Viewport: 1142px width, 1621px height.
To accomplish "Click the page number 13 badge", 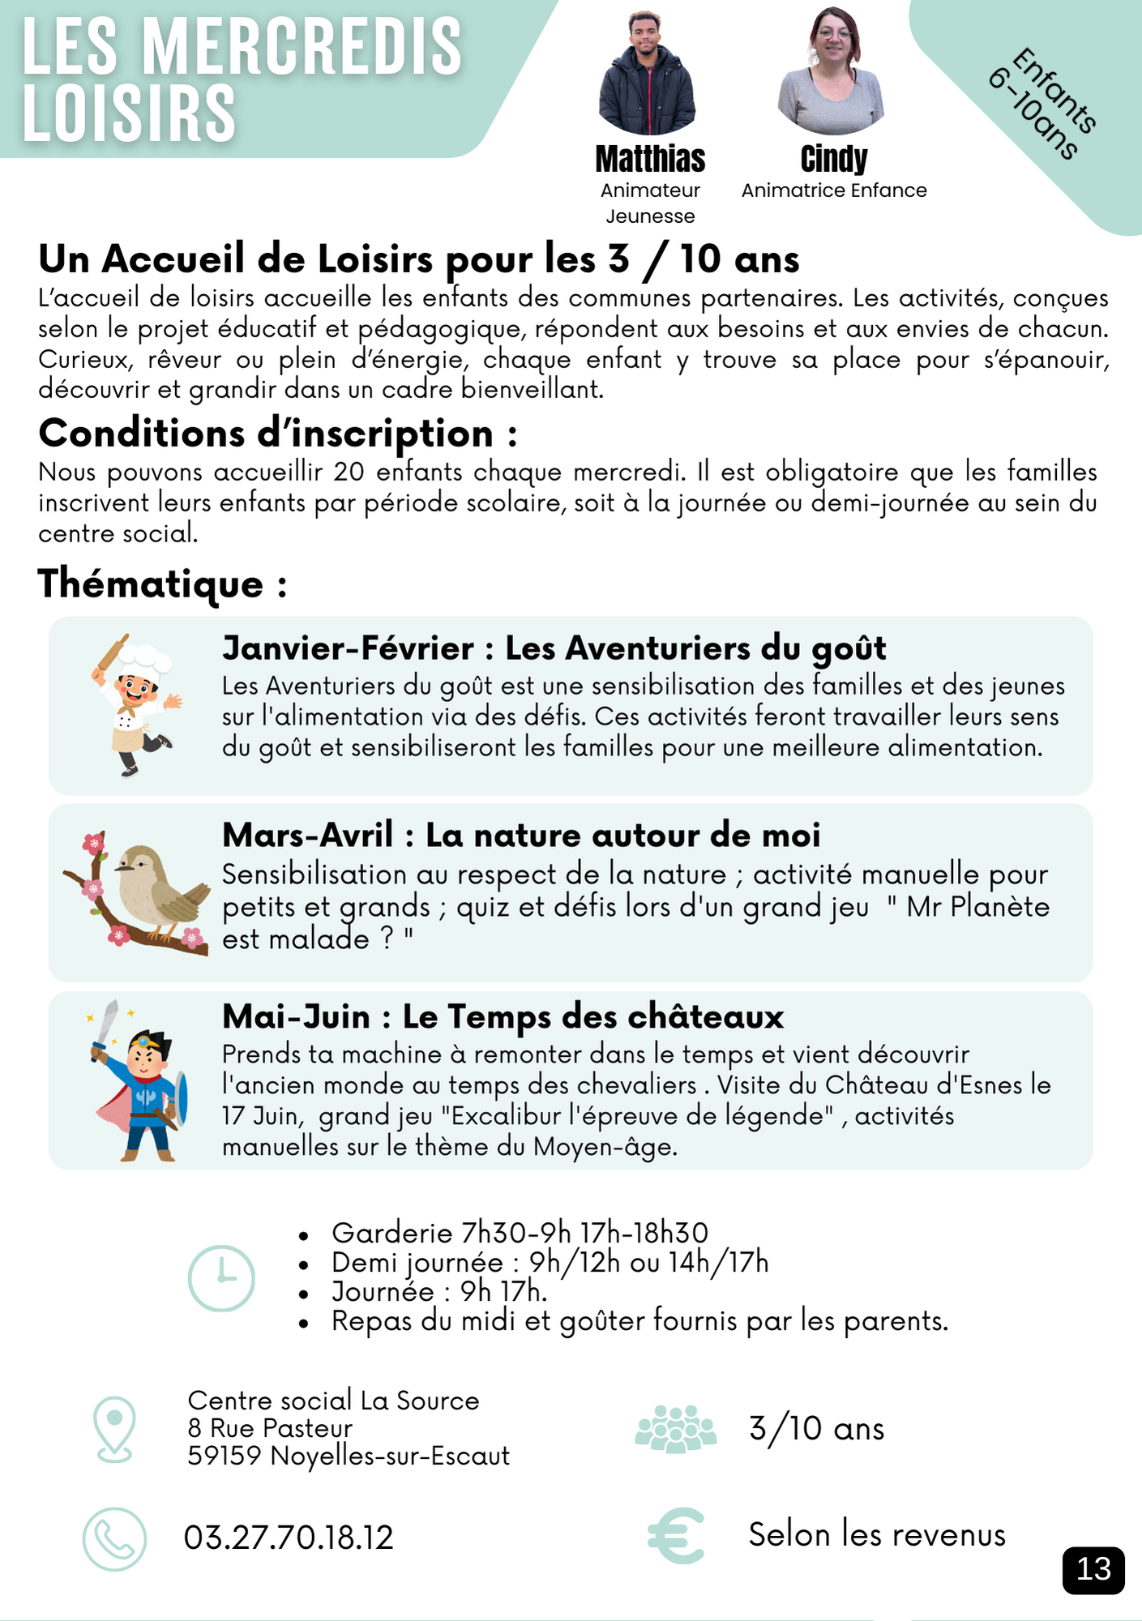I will point(1093,1569).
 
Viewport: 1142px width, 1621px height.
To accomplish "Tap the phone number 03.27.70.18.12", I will point(289,1538).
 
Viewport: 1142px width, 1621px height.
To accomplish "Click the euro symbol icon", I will point(676,1535).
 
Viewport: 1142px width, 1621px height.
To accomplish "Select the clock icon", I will point(221,1278).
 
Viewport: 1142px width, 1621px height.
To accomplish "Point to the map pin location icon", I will point(114,1429).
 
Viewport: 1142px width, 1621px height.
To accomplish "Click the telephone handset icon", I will point(115,1538).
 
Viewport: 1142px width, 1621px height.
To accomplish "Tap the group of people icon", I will point(676,1429).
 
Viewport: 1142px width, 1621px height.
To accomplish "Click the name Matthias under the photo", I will point(650,160).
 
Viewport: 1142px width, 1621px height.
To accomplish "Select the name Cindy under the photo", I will point(833,160).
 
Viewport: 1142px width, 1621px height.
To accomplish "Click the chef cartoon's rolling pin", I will point(111,653).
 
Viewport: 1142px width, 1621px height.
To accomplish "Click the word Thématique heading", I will point(151,584).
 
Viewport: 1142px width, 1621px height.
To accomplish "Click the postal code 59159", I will point(225,1456).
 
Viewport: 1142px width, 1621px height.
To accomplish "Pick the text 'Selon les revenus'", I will point(877,1535).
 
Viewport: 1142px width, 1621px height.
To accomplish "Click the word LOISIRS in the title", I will point(130,113).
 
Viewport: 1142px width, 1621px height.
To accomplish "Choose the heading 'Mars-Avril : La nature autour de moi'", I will point(521,835).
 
